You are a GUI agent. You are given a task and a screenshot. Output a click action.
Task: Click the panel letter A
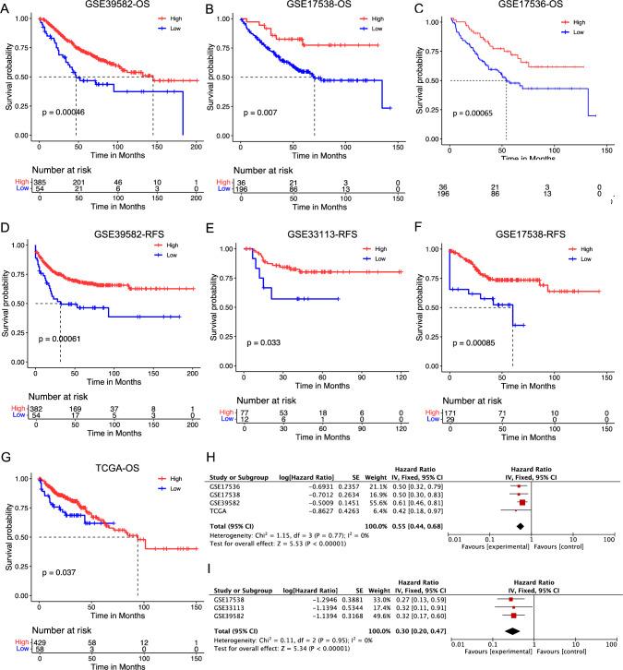pyautogui.click(x=6, y=8)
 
